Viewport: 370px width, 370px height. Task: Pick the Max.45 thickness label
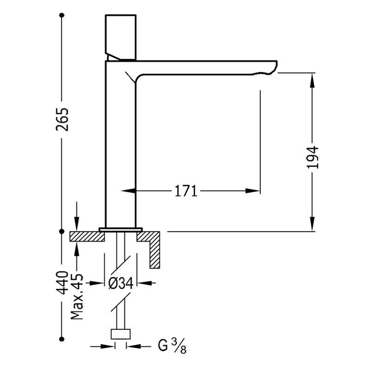[77, 296]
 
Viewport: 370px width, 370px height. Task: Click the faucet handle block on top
[121, 36]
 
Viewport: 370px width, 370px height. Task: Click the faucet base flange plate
[121, 228]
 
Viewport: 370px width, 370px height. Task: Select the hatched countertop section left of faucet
[87, 236]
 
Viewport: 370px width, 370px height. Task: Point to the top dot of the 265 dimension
[62, 15]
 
